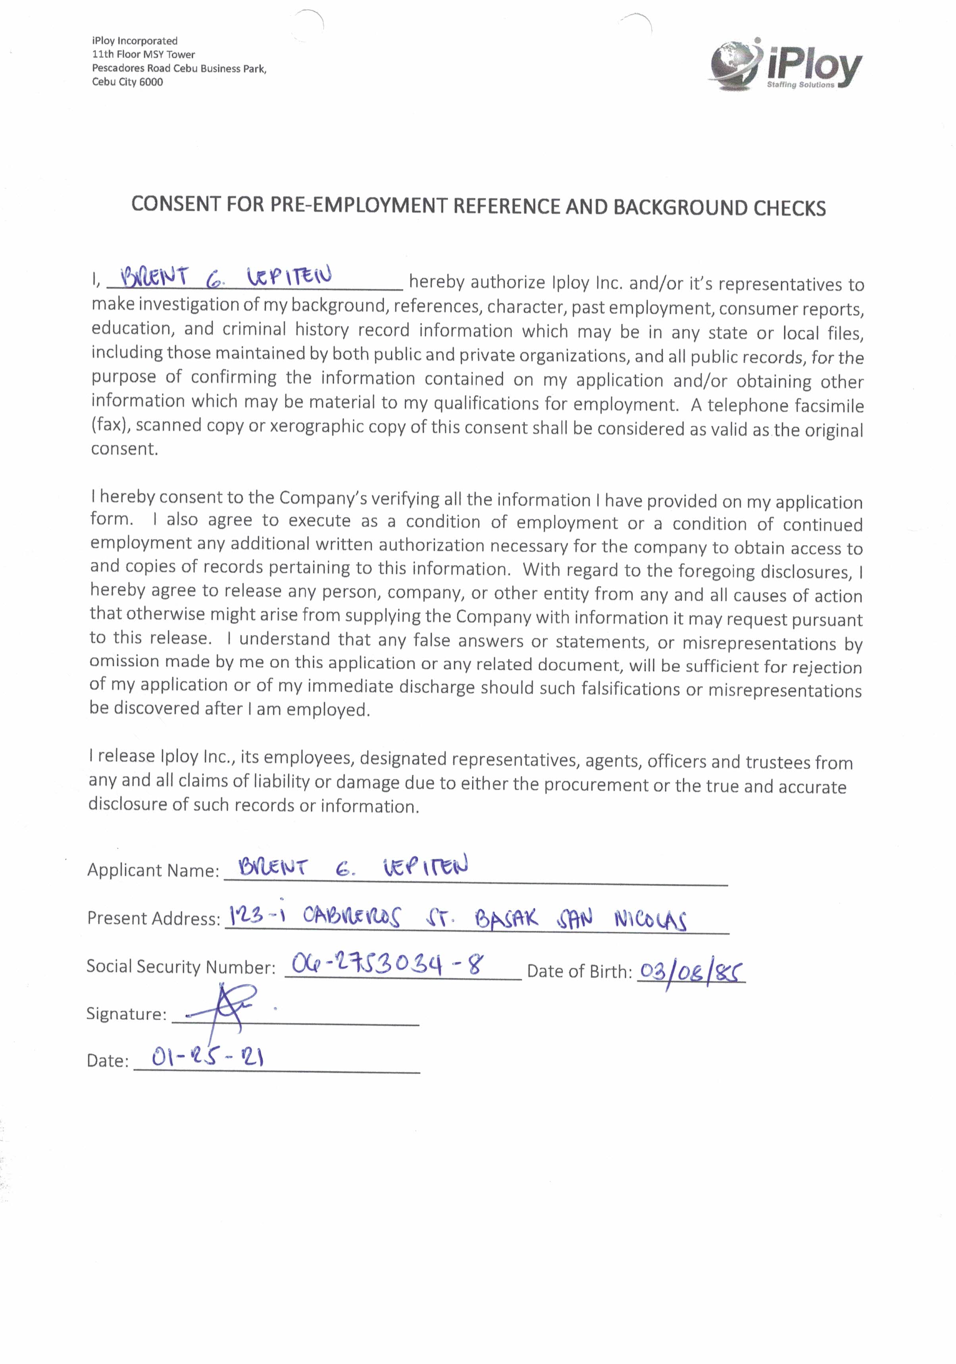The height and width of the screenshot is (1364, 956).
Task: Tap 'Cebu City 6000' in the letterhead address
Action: (127, 82)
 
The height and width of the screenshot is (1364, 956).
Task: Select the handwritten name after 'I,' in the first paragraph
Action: (226, 277)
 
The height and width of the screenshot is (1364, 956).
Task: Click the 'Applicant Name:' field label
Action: (153, 870)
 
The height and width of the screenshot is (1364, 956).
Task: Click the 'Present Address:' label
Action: (153, 918)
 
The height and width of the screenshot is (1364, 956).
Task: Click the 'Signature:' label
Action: (126, 1014)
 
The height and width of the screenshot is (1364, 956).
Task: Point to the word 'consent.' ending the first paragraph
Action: (124, 449)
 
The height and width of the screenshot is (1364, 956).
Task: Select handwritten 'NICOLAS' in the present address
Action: (650, 921)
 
